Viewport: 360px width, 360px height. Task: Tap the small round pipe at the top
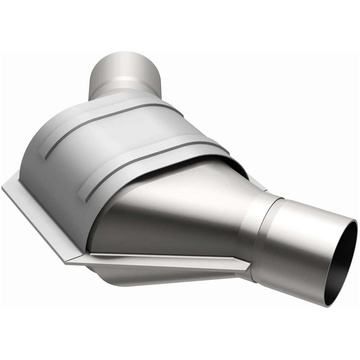(124, 72)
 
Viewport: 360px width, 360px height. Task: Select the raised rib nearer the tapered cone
(151, 158)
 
